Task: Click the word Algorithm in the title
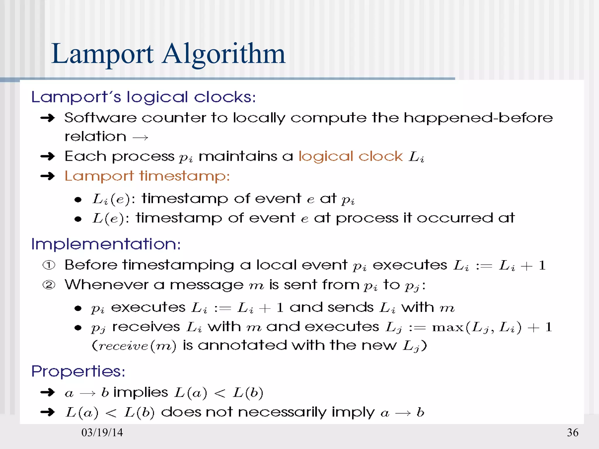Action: (x=224, y=54)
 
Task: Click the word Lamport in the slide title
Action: (x=102, y=54)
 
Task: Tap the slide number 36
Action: (x=572, y=432)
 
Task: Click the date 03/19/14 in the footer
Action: (x=102, y=432)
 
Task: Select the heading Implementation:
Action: (x=106, y=244)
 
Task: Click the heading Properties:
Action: (x=78, y=372)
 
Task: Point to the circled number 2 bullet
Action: (x=49, y=285)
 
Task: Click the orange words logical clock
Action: (x=350, y=156)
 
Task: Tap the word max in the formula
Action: (x=448, y=327)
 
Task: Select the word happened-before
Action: (x=478, y=118)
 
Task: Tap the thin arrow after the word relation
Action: (x=140, y=137)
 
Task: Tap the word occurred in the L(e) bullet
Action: (x=455, y=218)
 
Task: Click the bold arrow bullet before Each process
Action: (x=48, y=156)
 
